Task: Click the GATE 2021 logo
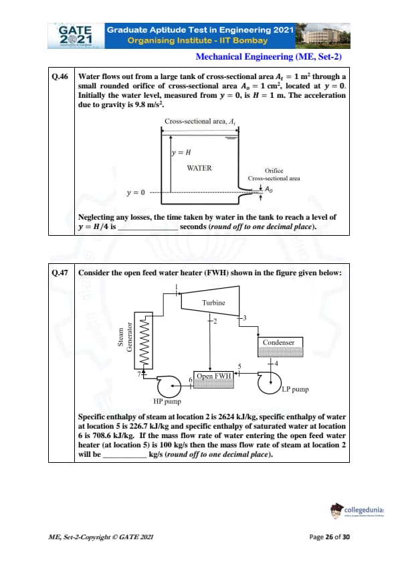click(76, 36)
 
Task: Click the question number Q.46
click(60, 76)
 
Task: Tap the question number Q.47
click(60, 273)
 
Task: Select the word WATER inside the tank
click(199, 168)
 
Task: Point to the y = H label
click(181, 153)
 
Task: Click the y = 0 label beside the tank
click(136, 192)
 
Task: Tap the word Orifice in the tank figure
click(274, 171)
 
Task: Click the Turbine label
click(213, 303)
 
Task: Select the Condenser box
click(280, 347)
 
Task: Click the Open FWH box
click(213, 380)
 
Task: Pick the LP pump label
click(295, 389)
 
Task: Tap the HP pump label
click(167, 401)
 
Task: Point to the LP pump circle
click(270, 382)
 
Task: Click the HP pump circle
click(169, 386)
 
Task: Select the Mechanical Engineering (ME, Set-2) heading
click(268, 57)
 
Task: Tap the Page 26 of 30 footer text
click(329, 537)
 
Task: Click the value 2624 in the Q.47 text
click(226, 417)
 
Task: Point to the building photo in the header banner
click(322, 36)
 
